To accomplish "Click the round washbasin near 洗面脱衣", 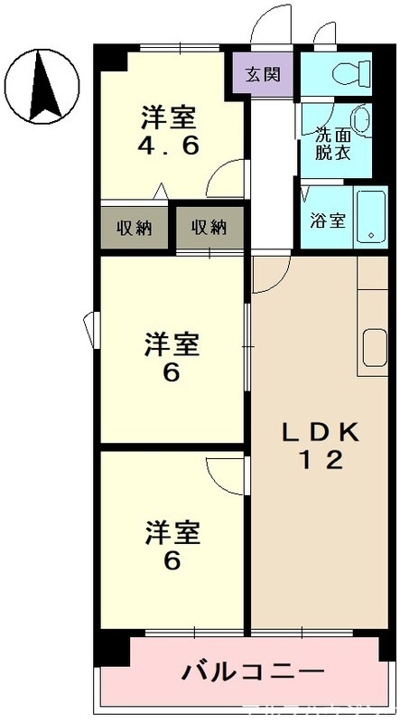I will pos(360,120).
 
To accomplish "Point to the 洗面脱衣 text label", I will pos(330,144).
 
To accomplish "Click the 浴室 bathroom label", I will pos(327,221).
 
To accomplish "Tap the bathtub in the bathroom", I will pos(370,217).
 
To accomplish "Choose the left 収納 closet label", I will pos(135,227).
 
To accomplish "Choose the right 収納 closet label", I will pos(209,227).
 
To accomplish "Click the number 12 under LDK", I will pos(321,461).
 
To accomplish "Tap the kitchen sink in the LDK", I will pos(374,347).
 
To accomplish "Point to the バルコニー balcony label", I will pos(253,672).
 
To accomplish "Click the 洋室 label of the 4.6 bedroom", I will pos(169,118).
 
